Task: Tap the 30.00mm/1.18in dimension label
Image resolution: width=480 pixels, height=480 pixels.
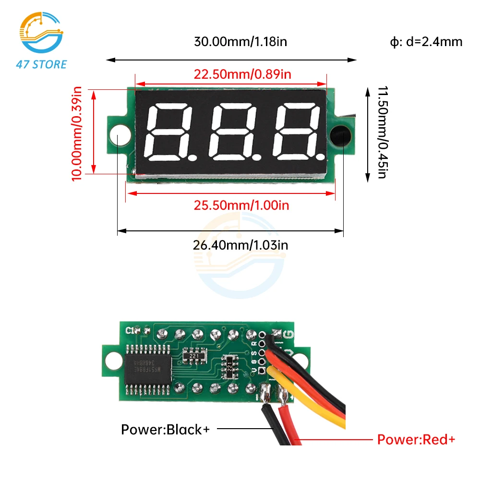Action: pyautogui.click(x=240, y=41)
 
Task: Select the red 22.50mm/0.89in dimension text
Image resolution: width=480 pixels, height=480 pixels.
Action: pyautogui.click(x=242, y=74)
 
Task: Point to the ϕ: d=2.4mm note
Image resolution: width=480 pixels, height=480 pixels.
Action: pyautogui.click(x=426, y=42)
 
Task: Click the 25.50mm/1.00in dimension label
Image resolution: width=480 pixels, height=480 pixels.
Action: pyautogui.click(x=241, y=205)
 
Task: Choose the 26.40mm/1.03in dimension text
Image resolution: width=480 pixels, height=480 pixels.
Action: pyautogui.click(x=240, y=245)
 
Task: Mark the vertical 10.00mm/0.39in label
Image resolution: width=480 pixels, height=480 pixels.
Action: pyautogui.click(x=77, y=133)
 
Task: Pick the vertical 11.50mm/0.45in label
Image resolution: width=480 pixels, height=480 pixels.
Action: pyautogui.click(x=382, y=132)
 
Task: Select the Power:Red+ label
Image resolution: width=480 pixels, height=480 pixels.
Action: pyautogui.click(x=416, y=439)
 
